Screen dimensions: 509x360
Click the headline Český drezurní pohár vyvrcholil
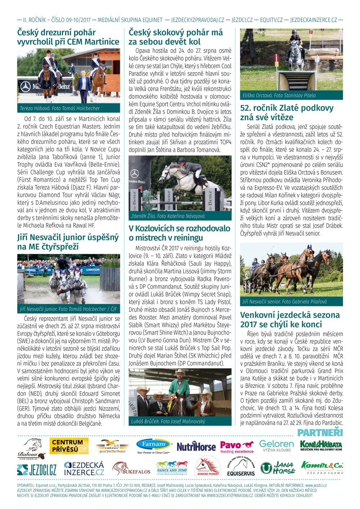(x=68, y=37)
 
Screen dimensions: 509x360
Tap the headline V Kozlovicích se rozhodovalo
(x=179, y=233)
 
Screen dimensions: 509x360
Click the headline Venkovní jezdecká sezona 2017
(x=290, y=319)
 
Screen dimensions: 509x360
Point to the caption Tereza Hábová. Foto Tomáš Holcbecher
(x=60, y=108)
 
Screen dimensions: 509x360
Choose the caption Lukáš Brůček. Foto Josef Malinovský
(x=168, y=421)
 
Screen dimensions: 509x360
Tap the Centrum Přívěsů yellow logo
(x=68, y=446)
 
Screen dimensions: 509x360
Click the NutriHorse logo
(x=196, y=447)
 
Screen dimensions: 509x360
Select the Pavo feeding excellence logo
(x=237, y=447)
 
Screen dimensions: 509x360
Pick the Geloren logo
(x=276, y=446)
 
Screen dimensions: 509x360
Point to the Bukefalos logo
(x=131, y=469)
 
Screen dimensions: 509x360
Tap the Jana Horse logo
(x=277, y=468)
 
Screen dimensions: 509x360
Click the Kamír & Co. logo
(x=322, y=467)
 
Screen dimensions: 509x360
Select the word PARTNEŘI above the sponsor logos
(x=320, y=432)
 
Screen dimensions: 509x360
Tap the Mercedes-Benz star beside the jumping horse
(x=135, y=174)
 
